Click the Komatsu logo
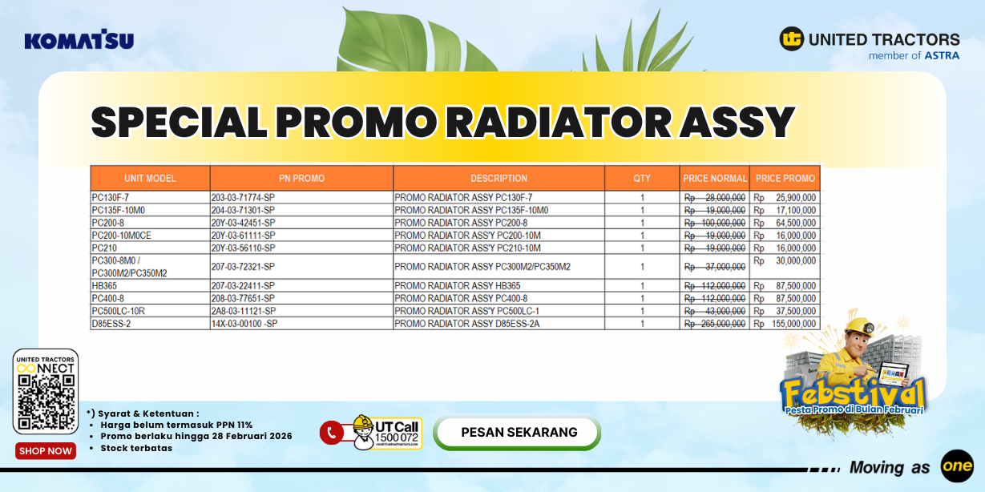point(79,40)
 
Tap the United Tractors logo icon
point(792,38)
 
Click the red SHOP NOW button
point(46,451)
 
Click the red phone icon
point(331,433)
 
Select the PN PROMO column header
point(301,178)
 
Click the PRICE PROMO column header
point(785,178)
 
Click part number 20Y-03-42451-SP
point(243,223)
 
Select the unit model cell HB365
point(105,286)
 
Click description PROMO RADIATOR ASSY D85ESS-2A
point(466,324)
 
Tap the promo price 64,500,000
point(796,223)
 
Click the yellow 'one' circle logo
point(956,466)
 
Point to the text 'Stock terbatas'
point(136,448)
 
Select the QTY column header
point(642,178)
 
